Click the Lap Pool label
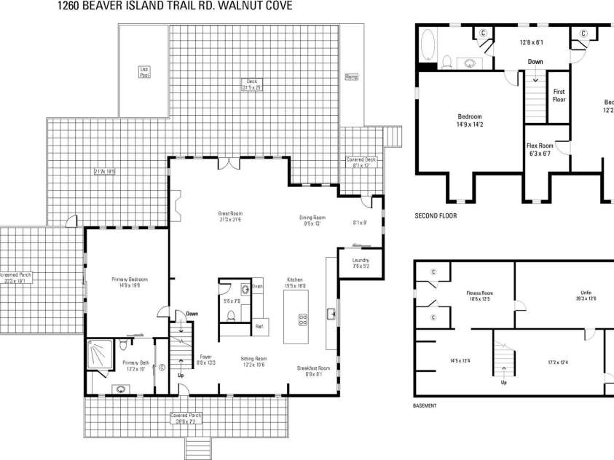(144, 71)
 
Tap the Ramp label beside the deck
(352, 76)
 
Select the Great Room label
(229, 216)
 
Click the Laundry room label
(361, 263)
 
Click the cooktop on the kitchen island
(303, 318)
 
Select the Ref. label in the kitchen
(259, 327)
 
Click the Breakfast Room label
(314, 371)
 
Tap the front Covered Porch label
(187, 418)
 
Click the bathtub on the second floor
(427, 46)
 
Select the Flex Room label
(540, 148)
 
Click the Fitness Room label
(480, 296)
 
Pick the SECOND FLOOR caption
(436, 215)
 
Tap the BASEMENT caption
(425, 405)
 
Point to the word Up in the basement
(503, 383)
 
